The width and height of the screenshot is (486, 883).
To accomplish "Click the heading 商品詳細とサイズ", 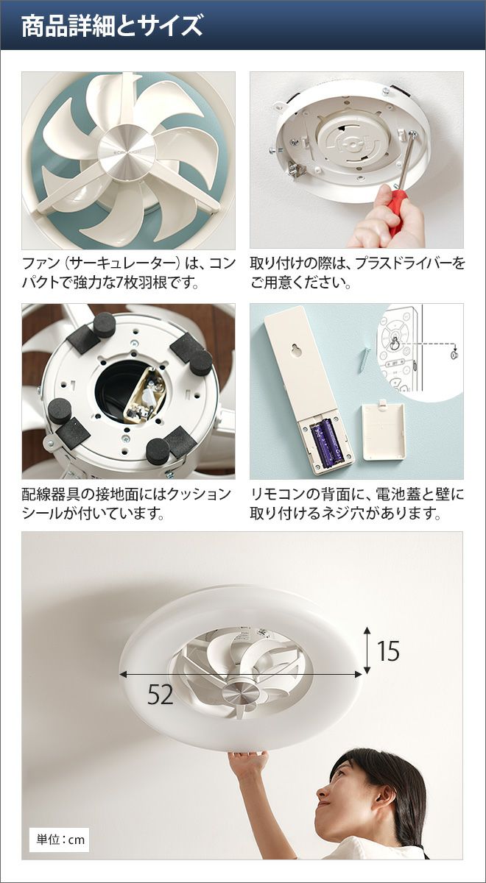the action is [112, 26].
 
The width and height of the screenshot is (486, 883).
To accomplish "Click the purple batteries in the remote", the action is [328, 443].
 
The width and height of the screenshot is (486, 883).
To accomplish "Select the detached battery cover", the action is [384, 431].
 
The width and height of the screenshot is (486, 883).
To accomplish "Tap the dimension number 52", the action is [161, 695].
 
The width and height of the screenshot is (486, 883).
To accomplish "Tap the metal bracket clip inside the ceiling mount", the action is [297, 170].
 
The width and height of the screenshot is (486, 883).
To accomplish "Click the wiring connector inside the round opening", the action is [145, 395].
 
